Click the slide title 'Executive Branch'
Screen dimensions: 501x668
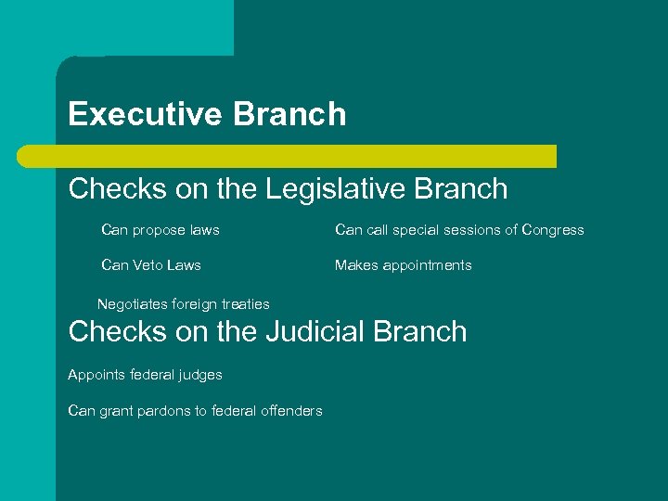(207, 114)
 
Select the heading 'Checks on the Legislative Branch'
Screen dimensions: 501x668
(288, 188)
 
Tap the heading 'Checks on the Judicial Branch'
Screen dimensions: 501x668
(267, 331)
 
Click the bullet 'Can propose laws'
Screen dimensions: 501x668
(160, 229)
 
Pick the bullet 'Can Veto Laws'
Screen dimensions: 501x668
(150, 265)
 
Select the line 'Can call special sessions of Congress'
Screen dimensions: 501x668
(459, 229)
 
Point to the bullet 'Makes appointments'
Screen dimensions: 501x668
(403, 265)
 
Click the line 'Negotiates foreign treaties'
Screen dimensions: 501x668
(184, 304)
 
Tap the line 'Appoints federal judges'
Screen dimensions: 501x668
(145, 375)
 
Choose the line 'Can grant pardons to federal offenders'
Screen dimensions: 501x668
(195, 411)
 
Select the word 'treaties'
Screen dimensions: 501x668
(246, 304)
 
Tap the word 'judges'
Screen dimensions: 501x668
(201, 375)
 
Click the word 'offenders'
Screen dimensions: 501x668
(291, 411)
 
